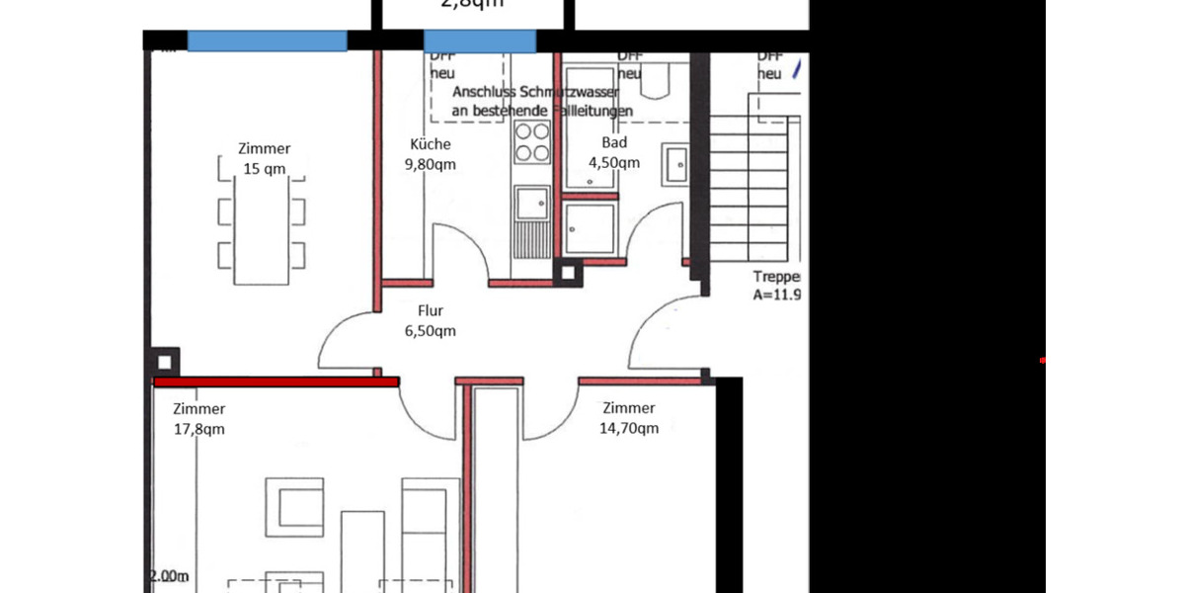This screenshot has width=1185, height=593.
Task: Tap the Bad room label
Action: click(x=614, y=143)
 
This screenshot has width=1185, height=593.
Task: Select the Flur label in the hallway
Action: click(x=431, y=310)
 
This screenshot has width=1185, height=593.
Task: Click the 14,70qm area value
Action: click(x=629, y=428)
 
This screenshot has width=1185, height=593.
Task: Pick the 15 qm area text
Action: click(x=264, y=168)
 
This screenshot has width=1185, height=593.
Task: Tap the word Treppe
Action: click(x=776, y=277)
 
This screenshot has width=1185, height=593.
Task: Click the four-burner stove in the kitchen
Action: click(x=532, y=142)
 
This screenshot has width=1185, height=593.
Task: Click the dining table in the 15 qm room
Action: click(x=262, y=219)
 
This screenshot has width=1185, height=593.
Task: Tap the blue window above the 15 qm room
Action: click(x=267, y=41)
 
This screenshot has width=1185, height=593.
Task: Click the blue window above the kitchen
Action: click(x=480, y=41)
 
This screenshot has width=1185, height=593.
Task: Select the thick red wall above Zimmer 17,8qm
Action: click(x=276, y=381)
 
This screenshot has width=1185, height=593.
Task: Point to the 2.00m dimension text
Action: click(x=169, y=576)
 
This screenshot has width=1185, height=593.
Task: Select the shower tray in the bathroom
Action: click(x=591, y=228)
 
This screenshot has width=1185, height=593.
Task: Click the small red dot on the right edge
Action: click(x=1043, y=361)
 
